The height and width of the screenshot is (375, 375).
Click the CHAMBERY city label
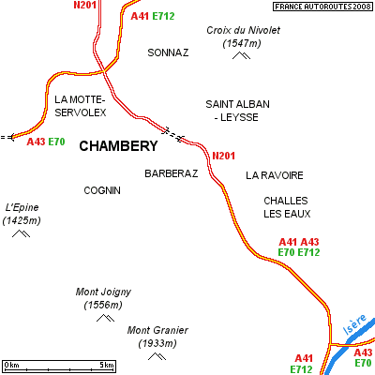point(118,146)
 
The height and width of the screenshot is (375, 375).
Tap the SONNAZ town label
point(168,52)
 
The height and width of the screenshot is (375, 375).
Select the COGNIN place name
point(102,190)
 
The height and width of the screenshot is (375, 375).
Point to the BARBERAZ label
point(172,173)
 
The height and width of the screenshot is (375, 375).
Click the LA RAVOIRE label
point(275,175)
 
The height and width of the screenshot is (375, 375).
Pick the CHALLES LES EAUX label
point(287,207)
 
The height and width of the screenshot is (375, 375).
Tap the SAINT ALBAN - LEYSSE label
point(237,111)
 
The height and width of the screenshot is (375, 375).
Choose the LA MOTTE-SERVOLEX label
point(81,106)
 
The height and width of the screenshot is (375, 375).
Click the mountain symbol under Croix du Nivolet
point(241,55)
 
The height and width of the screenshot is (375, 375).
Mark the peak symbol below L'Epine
point(21,233)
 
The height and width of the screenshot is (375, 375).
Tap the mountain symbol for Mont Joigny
point(105,318)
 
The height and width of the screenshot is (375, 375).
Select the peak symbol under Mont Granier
point(157,356)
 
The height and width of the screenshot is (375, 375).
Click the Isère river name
point(354,324)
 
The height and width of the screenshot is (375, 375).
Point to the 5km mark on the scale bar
point(107,365)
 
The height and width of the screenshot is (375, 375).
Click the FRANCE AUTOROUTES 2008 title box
point(322,7)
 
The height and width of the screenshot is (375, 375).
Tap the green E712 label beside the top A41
point(163,16)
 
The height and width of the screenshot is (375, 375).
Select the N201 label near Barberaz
point(223,156)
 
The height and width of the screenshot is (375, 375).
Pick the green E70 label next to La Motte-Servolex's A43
point(56,142)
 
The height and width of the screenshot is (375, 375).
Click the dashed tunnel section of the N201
point(172,135)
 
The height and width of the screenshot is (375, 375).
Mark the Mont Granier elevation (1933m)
point(157,343)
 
